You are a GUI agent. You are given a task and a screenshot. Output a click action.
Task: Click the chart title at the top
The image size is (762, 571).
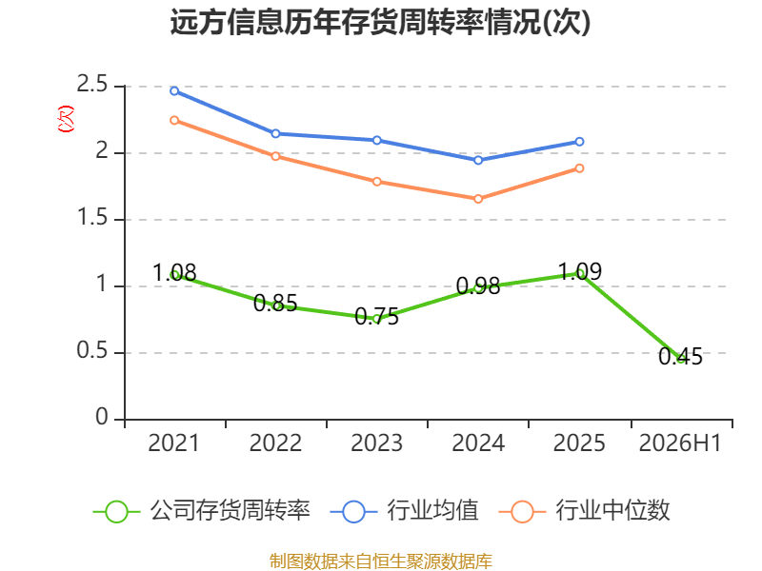coord(380,22)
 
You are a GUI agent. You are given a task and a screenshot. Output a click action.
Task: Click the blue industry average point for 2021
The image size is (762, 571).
coord(174,90)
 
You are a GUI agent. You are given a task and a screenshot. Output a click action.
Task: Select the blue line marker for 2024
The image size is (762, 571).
coord(478,160)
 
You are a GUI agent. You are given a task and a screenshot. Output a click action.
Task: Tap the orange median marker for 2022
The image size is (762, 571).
coord(275,156)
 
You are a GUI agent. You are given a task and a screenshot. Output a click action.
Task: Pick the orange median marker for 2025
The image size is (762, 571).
coord(579,168)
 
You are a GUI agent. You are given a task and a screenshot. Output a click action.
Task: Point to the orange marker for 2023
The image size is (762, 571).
coord(377,182)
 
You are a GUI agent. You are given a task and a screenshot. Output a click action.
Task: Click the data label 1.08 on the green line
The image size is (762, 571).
coord(174,273)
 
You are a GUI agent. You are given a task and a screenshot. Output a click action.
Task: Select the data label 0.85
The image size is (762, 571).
coord(275,304)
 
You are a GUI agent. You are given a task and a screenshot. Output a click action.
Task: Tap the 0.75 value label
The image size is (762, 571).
coord(376,317)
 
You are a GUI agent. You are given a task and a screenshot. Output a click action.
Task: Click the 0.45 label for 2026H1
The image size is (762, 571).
coord(680,356)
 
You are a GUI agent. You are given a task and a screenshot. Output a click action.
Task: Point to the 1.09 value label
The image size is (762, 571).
coord(579,271)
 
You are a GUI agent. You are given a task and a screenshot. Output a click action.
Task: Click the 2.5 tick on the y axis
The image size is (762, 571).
coord(91,85)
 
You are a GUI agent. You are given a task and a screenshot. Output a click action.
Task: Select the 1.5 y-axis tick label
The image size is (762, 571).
coord(91,218)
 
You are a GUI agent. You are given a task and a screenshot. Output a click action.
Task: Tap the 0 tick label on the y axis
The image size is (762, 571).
coord(102,417)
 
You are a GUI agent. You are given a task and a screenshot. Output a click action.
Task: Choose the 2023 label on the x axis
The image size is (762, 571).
coord(377,443)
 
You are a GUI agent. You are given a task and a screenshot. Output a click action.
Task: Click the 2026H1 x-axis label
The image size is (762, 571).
coord(680,443)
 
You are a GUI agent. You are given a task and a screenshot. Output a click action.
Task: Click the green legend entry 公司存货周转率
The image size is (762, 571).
coord(201,511)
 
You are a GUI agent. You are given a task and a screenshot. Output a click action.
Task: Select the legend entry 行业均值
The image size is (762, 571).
coord(404,511)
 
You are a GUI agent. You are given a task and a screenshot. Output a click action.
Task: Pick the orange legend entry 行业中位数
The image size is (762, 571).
coord(585,511)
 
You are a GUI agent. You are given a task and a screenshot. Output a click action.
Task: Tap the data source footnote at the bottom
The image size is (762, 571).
coord(381,561)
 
